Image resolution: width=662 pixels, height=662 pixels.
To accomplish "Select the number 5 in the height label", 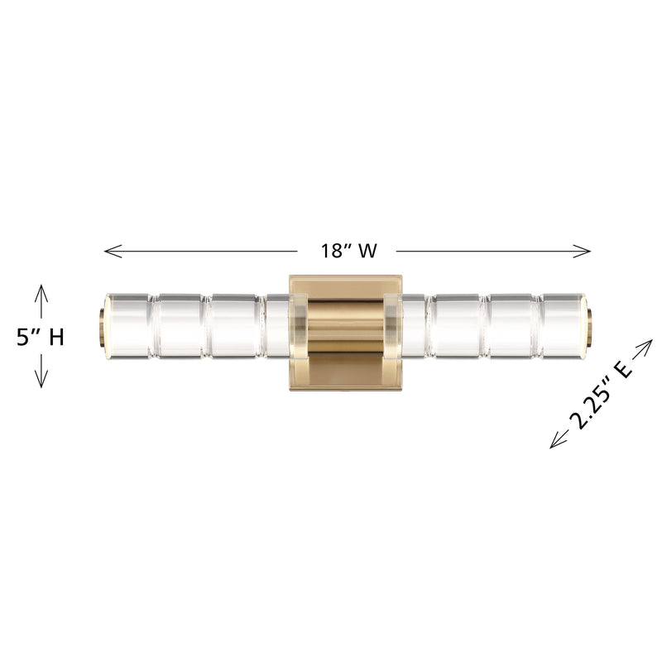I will (x=25, y=338).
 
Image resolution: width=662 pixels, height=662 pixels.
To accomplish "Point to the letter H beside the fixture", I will (x=55, y=338).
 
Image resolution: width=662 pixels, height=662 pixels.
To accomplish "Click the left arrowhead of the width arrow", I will (x=108, y=250).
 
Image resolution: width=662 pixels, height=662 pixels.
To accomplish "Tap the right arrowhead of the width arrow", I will (x=588, y=250).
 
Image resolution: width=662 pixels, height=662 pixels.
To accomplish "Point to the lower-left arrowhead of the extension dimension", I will (x=554, y=445).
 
